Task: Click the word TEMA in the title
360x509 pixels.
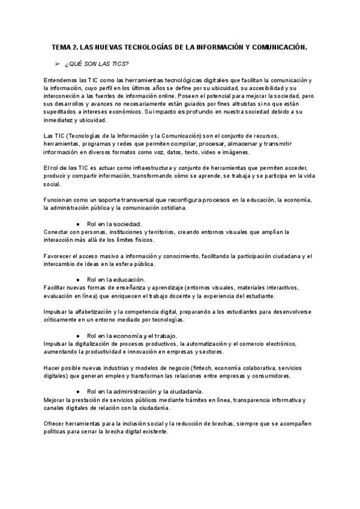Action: tap(61, 46)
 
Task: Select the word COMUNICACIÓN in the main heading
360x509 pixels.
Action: tap(275, 46)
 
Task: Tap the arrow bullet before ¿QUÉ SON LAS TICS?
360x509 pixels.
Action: tap(58, 63)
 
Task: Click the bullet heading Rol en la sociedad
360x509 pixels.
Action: tap(114, 224)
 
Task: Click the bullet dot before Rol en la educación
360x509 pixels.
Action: tap(78, 280)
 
